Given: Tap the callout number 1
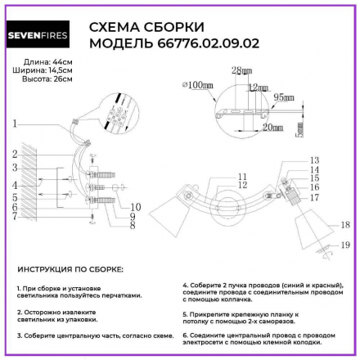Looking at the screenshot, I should (16, 124).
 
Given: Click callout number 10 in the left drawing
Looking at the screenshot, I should (135, 206).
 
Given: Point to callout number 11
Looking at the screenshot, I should (241, 176).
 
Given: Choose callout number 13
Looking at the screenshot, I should (315, 160).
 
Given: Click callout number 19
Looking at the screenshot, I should (345, 243).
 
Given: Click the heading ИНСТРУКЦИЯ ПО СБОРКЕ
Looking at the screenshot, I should (70, 269).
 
